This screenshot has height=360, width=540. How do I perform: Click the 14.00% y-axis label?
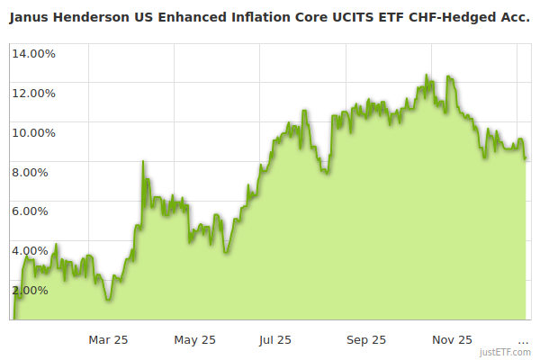[x=33, y=53]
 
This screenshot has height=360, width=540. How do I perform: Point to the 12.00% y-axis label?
[x=33, y=93]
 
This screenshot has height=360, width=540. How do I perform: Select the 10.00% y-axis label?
[x=33, y=132]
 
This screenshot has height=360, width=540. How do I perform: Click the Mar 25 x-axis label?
[x=108, y=339]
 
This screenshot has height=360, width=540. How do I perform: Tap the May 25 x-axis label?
[x=195, y=339]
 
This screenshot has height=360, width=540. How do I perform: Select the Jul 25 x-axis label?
[x=274, y=339]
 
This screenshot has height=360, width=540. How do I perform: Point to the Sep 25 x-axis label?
[x=366, y=339]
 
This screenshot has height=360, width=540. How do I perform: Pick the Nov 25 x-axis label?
[x=452, y=339]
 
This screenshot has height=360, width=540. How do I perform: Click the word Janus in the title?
[x=30, y=14]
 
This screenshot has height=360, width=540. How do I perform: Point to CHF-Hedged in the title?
[x=459, y=14]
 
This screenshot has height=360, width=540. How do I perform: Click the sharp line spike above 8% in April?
[x=143, y=162]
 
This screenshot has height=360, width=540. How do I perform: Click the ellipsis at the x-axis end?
[x=523, y=340]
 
